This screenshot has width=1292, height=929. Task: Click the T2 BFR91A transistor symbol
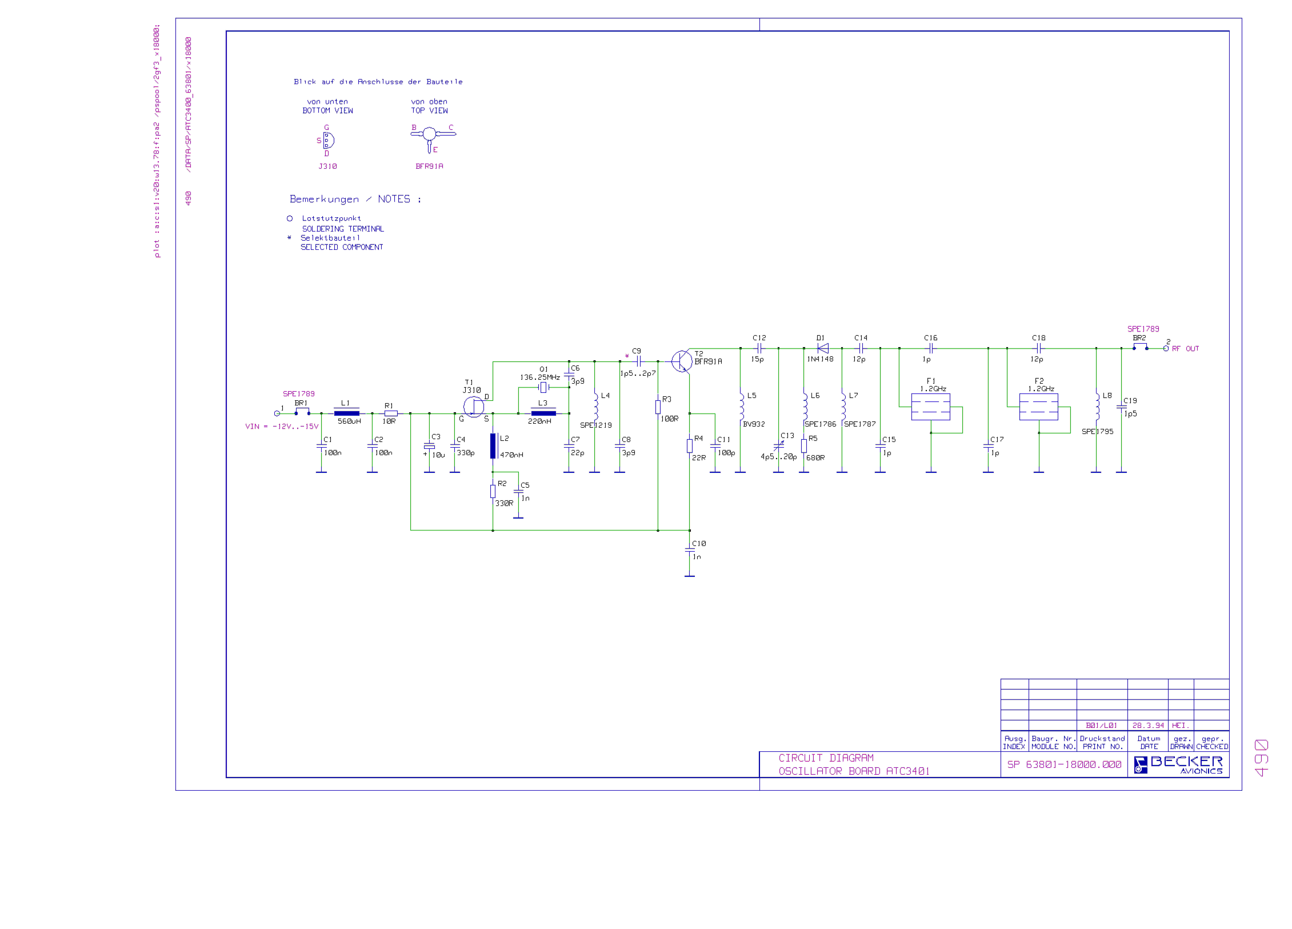point(681,361)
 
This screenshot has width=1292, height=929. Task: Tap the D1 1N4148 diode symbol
point(823,348)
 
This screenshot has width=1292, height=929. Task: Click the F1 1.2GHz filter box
point(930,407)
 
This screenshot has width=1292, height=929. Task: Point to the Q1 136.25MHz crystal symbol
point(543,387)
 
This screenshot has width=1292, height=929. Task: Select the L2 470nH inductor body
point(493,446)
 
